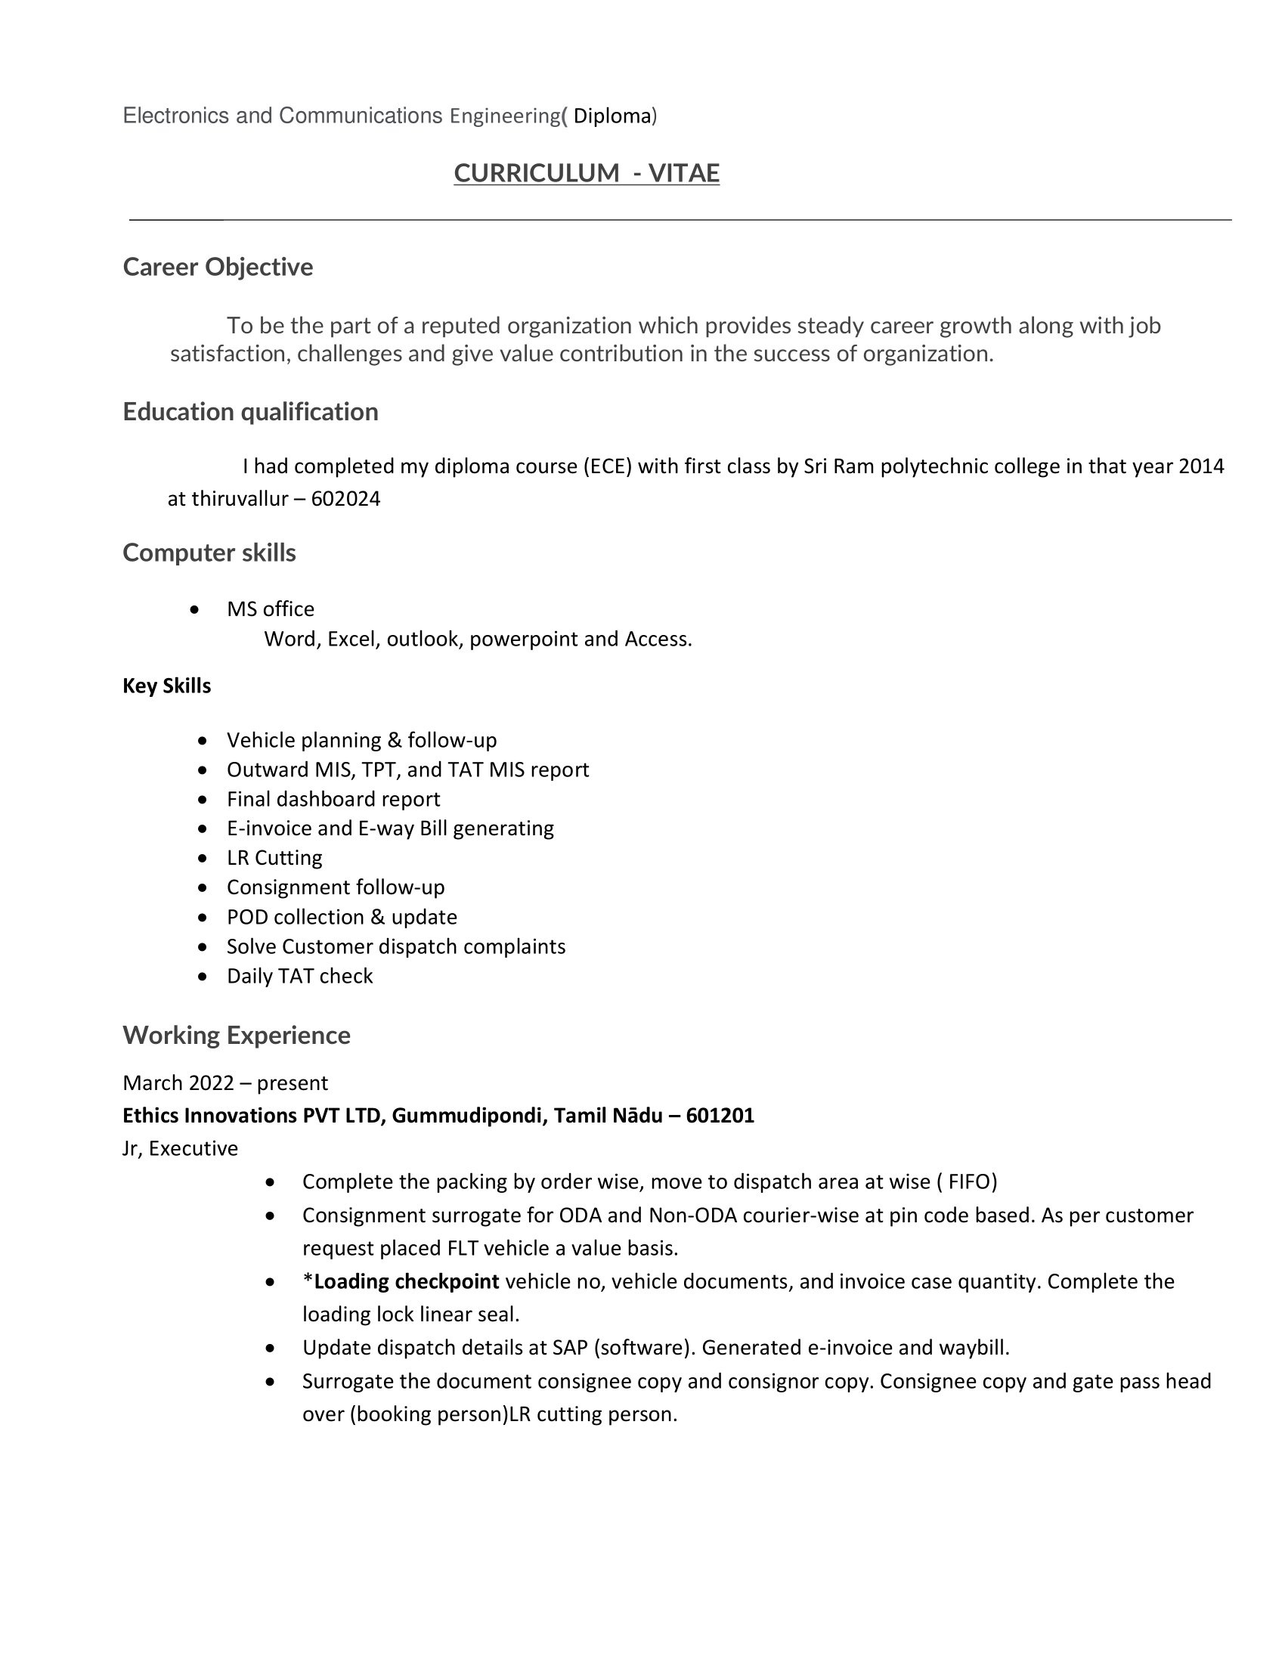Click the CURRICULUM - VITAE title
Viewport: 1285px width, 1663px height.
pyautogui.click(x=586, y=174)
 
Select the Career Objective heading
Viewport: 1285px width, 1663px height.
pyautogui.click(x=218, y=268)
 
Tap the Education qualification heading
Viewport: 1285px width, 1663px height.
pyautogui.click(x=250, y=412)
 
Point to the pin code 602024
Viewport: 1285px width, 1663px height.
pyautogui.click(x=345, y=499)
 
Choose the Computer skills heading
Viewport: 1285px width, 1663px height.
pyautogui.click(x=209, y=553)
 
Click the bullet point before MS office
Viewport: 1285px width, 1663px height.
pyautogui.click(x=196, y=609)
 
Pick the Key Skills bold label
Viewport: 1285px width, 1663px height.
pyautogui.click(x=167, y=686)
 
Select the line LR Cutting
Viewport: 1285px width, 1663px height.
pyautogui.click(x=274, y=858)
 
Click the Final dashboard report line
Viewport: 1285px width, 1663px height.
pyautogui.click(x=333, y=799)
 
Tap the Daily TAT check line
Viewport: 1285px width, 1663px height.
pyautogui.click(x=299, y=976)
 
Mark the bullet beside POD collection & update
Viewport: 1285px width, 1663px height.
pyautogui.click(x=202, y=918)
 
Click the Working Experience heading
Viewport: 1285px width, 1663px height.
pyautogui.click(x=237, y=1036)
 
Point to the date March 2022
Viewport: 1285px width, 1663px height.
pyautogui.click(x=178, y=1082)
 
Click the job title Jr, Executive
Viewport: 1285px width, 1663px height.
pyautogui.click(x=181, y=1148)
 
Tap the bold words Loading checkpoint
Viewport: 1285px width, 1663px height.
pyautogui.click(x=406, y=1281)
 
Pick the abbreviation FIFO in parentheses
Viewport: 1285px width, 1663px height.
pyautogui.click(x=969, y=1181)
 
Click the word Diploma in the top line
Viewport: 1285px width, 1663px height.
pyautogui.click(x=612, y=116)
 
